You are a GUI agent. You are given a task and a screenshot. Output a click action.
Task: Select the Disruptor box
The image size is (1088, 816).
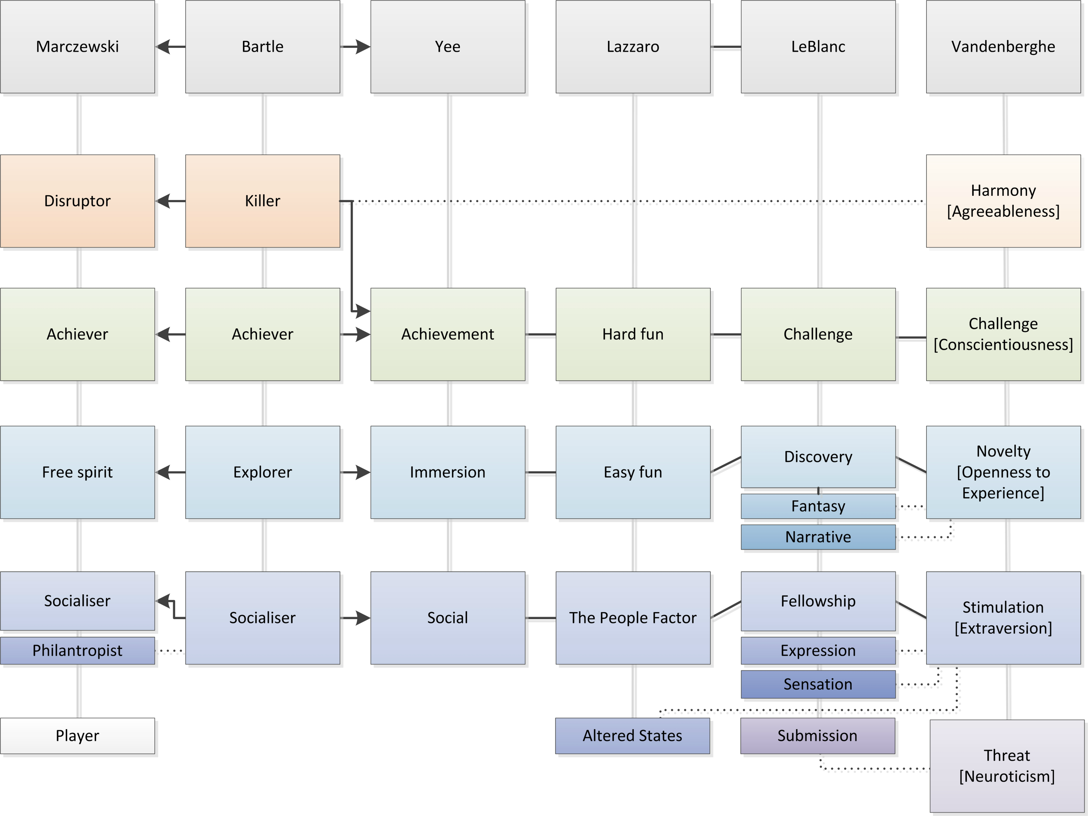[77, 201]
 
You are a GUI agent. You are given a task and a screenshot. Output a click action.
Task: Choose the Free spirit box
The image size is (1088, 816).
[77, 472]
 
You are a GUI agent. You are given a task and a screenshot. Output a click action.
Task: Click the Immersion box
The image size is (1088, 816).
[448, 472]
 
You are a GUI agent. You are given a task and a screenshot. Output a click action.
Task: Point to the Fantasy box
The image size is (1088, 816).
[818, 506]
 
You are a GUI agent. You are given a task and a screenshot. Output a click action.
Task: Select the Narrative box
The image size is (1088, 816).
[818, 537]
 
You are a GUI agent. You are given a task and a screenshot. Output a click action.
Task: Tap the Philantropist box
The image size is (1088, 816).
[77, 651]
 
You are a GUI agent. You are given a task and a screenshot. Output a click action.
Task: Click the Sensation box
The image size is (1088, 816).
[818, 684]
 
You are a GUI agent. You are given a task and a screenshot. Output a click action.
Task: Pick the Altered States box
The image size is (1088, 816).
[632, 736]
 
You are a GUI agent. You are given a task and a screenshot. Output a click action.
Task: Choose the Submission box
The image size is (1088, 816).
[817, 736]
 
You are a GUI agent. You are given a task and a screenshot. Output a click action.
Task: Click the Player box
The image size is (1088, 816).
[77, 736]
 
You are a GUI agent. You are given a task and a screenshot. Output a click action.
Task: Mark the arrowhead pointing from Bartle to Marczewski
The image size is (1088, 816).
[163, 47]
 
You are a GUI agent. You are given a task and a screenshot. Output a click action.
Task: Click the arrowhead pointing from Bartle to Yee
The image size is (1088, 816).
[363, 47]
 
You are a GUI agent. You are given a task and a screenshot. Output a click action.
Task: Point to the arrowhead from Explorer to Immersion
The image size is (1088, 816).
[363, 472]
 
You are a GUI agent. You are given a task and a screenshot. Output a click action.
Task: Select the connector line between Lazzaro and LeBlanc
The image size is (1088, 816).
[725, 47]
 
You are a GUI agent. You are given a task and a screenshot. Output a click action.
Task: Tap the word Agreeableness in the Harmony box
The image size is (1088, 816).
[1003, 212]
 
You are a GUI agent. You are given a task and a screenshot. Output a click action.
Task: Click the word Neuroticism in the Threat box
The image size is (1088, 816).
[1007, 777]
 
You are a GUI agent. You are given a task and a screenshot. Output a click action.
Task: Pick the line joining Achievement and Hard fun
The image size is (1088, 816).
[540, 335]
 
